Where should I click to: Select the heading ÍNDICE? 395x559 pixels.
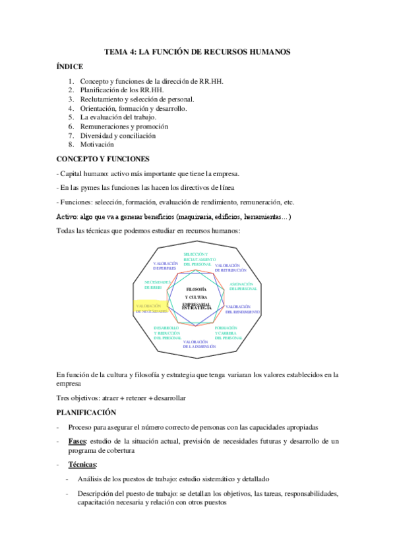click(70, 67)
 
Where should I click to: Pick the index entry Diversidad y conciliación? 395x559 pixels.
click(118, 135)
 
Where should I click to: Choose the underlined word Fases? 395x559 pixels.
click(78, 440)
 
